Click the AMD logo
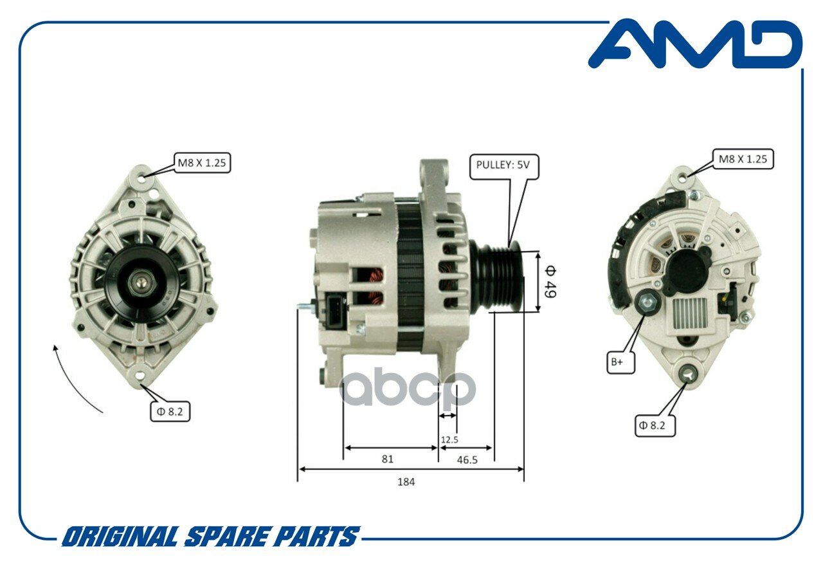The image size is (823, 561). (695, 44)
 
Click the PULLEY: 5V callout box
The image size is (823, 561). (504, 167)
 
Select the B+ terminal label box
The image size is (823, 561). (620, 362)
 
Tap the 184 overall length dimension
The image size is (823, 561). (406, 482)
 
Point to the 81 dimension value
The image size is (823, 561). (387, 459)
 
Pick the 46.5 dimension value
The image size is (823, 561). (467, 460)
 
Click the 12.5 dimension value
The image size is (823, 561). (449, 439)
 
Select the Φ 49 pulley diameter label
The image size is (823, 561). (550, 282)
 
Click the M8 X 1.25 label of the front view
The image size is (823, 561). (202, 163)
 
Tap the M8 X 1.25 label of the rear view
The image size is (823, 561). (743, 159)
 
